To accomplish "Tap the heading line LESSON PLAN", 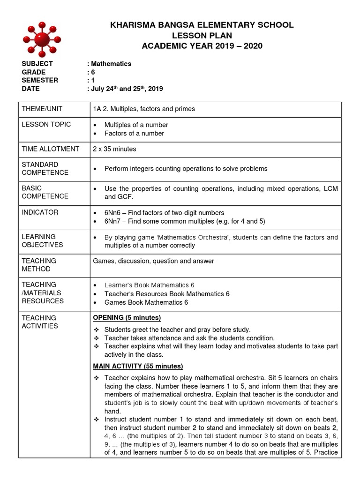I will point(202,36).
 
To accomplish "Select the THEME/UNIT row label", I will point(42,109).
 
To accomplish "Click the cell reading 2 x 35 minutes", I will point(115,149).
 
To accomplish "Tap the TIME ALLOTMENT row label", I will point(51,149).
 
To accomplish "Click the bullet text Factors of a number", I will point(134,134).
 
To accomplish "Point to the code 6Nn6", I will point(113,213).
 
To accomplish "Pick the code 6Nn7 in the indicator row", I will point(113,221).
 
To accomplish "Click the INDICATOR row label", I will point(40,212).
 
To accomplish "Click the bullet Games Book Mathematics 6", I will point(146,302).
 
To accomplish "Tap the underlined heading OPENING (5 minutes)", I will point(127,318).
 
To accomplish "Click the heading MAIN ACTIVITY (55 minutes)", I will point(138,366).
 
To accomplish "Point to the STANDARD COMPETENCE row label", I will point(45,169).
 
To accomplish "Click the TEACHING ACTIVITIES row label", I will point(40,322).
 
